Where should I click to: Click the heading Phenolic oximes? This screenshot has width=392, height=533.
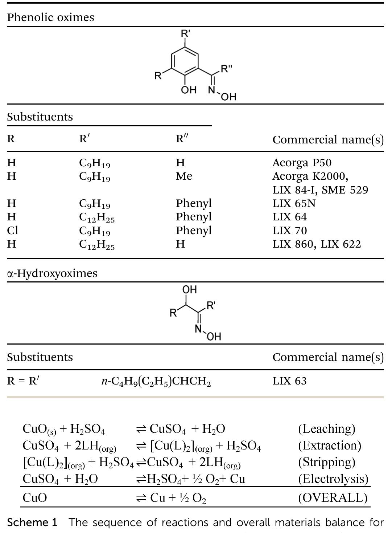[50, 17]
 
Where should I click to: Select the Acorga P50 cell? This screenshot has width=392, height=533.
[302, 163]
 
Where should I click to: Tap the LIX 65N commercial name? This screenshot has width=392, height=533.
[294, 203]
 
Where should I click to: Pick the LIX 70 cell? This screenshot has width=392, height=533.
[289, 231]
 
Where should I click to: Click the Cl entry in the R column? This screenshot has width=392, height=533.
[12, 231]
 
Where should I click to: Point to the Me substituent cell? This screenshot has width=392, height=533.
[184, 176]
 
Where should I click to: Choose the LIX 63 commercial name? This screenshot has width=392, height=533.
[289, 381]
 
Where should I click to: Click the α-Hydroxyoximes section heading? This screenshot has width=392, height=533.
[52, 273]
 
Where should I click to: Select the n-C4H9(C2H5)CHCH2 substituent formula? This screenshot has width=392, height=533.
[156, 381]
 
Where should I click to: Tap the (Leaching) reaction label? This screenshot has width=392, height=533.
[326, 429]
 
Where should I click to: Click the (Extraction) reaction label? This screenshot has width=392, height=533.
[329, 445]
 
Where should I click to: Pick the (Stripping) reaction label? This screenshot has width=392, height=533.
[326, 462]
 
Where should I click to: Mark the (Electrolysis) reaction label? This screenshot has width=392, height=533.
[333, 479]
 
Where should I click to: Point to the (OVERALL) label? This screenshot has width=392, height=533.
[333, 497]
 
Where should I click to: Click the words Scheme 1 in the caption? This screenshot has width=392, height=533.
[32, 523]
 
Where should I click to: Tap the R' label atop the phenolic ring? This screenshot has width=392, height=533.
[186, 34]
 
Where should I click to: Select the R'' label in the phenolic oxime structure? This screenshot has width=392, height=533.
[227, 68]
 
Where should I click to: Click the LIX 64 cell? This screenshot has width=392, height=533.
[289, 217]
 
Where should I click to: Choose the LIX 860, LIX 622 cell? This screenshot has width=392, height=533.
[317, 244]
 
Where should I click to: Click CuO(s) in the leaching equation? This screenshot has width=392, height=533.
[39, 429]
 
